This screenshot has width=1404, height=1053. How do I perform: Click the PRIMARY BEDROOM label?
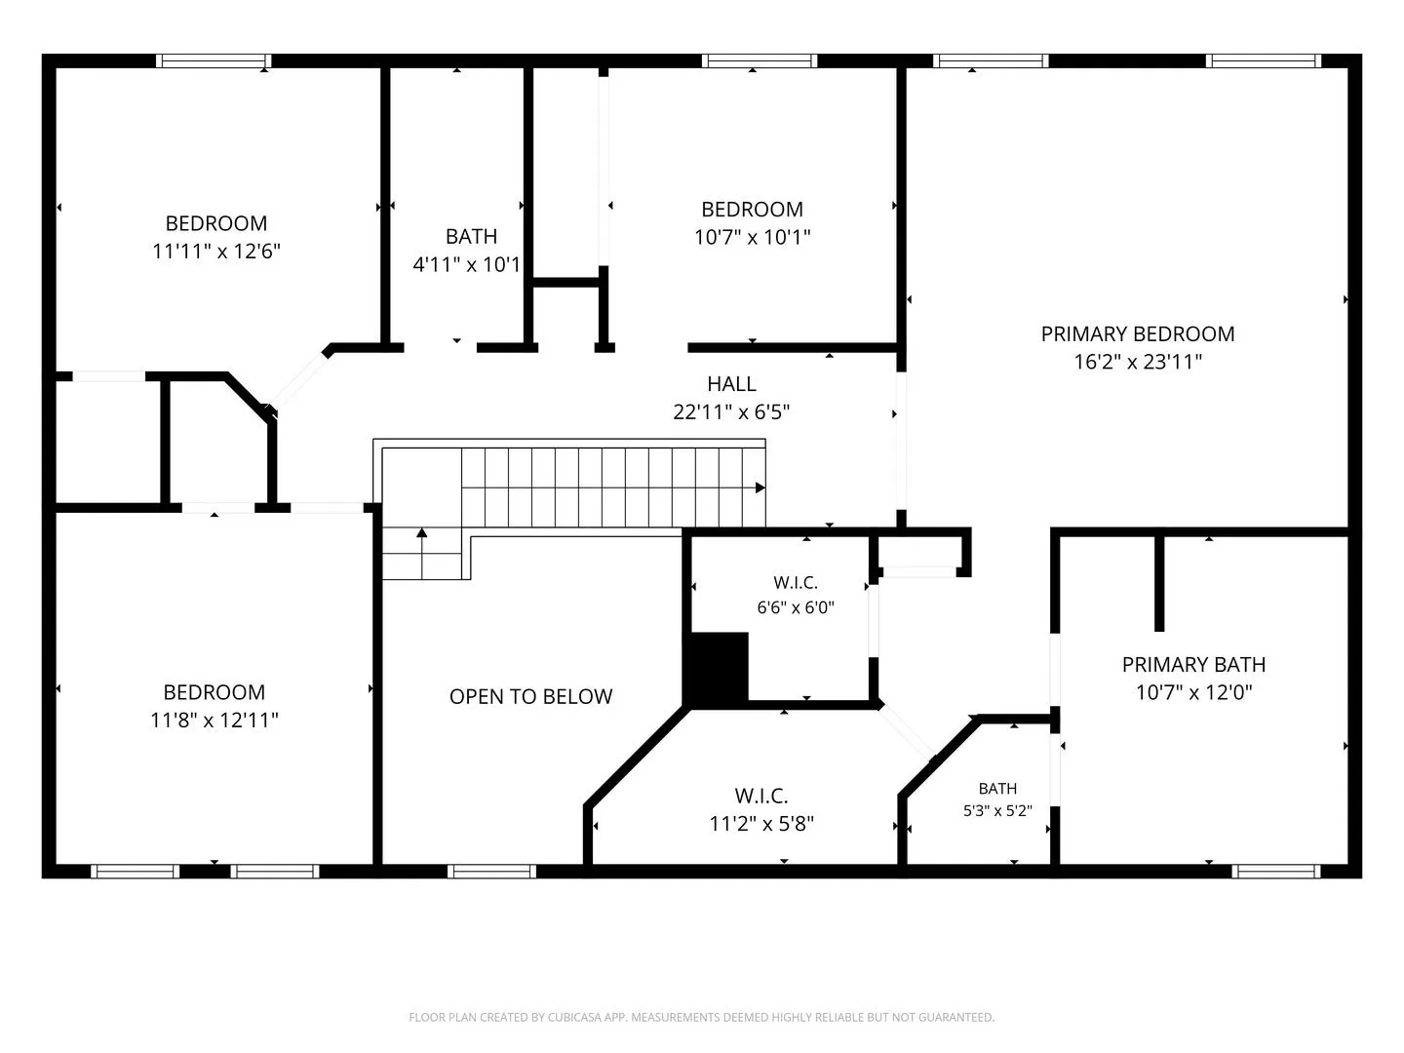point(1137,333)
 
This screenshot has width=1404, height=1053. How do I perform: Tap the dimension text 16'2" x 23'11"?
point(1137,362)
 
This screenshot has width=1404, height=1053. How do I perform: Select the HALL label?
point(731,383)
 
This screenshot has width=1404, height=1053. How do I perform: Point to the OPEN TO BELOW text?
point(531,696)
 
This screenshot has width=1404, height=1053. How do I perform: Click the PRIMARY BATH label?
point(1193,664)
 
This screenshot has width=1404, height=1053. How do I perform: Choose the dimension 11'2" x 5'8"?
point(761,824)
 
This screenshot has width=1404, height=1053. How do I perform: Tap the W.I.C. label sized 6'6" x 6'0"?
point(795,582)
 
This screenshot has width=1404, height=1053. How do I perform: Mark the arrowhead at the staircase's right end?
point(760,487)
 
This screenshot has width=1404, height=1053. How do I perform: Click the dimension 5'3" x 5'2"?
point(997,810)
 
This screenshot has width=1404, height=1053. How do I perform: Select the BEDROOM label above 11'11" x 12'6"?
point(216,223)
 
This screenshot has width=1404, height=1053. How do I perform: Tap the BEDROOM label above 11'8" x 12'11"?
point(214,692)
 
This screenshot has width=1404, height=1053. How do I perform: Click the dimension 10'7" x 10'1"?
point(752,237)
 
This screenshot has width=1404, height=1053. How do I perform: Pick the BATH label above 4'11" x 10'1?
point(471,237)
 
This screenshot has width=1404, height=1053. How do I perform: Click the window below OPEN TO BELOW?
point(491,871)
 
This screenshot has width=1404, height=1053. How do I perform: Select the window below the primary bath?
point(1275,871)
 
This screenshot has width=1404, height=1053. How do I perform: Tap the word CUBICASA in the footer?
point(573,1017)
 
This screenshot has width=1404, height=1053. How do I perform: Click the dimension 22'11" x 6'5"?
point(731,411)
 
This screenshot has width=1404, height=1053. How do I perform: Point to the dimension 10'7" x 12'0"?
point(1193,692)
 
